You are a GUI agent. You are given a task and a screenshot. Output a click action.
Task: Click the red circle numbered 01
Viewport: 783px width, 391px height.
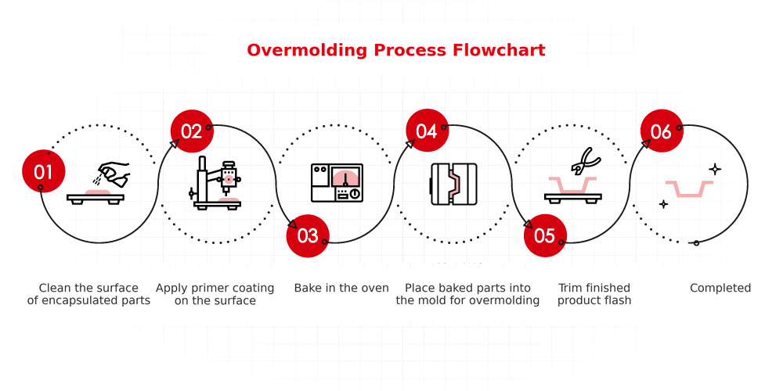tap(43, 170)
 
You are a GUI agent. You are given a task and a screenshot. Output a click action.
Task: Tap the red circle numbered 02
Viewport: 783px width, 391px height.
tap(192, 131)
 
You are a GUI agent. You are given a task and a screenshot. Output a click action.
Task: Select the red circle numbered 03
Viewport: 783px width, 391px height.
tap(308, 235)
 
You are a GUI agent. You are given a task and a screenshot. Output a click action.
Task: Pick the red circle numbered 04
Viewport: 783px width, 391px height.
tap(427, 131)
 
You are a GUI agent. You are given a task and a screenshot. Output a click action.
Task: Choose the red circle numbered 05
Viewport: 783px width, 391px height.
tap(544, 235)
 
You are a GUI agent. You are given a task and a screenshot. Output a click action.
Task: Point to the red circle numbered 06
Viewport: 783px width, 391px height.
tap(662, 131)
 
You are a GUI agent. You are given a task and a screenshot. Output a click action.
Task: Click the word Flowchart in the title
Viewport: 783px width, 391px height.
tap(499, 50)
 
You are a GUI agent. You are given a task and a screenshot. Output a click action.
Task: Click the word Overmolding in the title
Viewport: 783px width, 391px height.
tap(305, 50)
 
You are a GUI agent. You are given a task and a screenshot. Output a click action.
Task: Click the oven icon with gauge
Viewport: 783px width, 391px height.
tap(337, 184)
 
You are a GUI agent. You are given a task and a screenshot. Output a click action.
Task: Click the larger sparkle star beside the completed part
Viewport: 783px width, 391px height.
tap(714, 168)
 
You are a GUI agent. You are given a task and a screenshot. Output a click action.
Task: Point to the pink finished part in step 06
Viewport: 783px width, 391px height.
tap(688, 189)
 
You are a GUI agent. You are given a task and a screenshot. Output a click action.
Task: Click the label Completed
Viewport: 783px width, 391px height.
tap(720, 288)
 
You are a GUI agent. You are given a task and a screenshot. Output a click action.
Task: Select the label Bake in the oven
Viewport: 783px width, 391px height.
tap(341, 288)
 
